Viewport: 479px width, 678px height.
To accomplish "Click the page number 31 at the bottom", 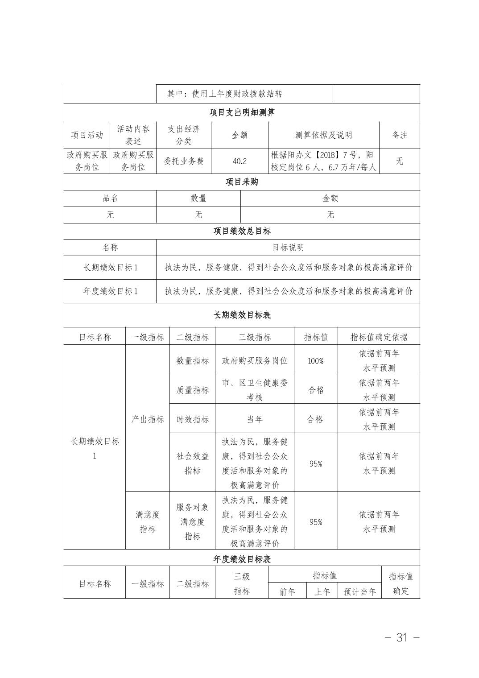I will pyautogui.click(x=402, y=637).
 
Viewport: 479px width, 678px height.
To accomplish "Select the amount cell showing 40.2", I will pyautogui.click(x=239, y=161).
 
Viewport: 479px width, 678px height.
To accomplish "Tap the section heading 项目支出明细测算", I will pyautogui.click(x=242, y=112).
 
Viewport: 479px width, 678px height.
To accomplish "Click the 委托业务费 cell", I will pyautogui.click(x=184, y=161).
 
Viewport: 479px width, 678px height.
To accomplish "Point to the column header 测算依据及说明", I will pyautogui.click(x=323, y=135).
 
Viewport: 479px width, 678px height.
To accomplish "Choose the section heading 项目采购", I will pyautogui.click(x=242, y=182).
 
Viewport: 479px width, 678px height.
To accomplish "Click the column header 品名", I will pyautogui.click(x=110, y=198).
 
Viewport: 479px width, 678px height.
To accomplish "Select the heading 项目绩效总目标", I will pyautogui.click(x=242, y=231).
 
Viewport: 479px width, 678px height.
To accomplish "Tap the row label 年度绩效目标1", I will pyautogui.click(x=110, y=291).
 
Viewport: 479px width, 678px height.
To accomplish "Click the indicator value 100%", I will pyautogui.click(x=316, y=360).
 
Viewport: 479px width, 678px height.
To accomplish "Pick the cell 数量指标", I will pyautogui.click(x=192, y=360).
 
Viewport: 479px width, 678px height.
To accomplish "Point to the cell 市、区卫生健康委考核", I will pyautogui.click(x=255, y=390).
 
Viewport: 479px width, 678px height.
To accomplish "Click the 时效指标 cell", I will pyautogui.click(x=192, y=419).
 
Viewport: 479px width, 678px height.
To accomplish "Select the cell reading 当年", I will pyautogui.click(x=255, y=419).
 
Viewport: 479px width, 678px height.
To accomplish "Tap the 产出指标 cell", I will pyautogui.click(x=148, y=419).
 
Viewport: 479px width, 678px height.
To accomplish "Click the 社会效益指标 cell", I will pyautogui.click(x=192, y=463).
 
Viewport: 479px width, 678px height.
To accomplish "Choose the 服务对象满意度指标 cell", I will pyautogui.click(x=192, y=521).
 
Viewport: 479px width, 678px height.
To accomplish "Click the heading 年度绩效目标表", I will pyautogui.click(x=242, y=559).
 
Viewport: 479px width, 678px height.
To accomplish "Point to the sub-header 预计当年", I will pyautogui.click(x=359, y=591).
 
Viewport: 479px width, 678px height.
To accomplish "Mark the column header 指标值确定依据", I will pyautogui.click(x=379, y=337).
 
